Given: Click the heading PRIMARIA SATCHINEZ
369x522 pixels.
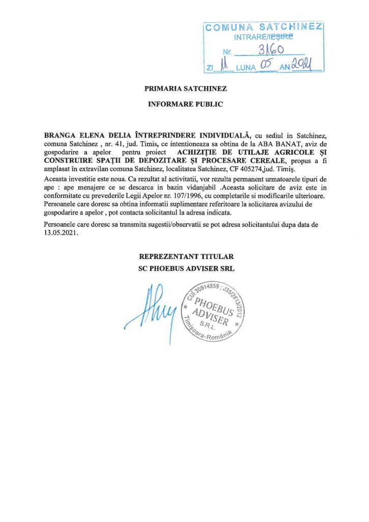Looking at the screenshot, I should pos(185,88).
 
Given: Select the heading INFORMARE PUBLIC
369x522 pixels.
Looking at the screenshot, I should pos(185,105).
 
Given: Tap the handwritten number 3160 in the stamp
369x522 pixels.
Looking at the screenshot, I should pos(271,50).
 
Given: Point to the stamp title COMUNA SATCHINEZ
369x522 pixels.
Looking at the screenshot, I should pos(264,27).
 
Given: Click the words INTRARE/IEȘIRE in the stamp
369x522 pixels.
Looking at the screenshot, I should pos(264,37).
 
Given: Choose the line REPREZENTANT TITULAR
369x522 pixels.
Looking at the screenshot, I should pos(185,257).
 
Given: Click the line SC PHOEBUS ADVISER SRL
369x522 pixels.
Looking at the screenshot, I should pos(185,268).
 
